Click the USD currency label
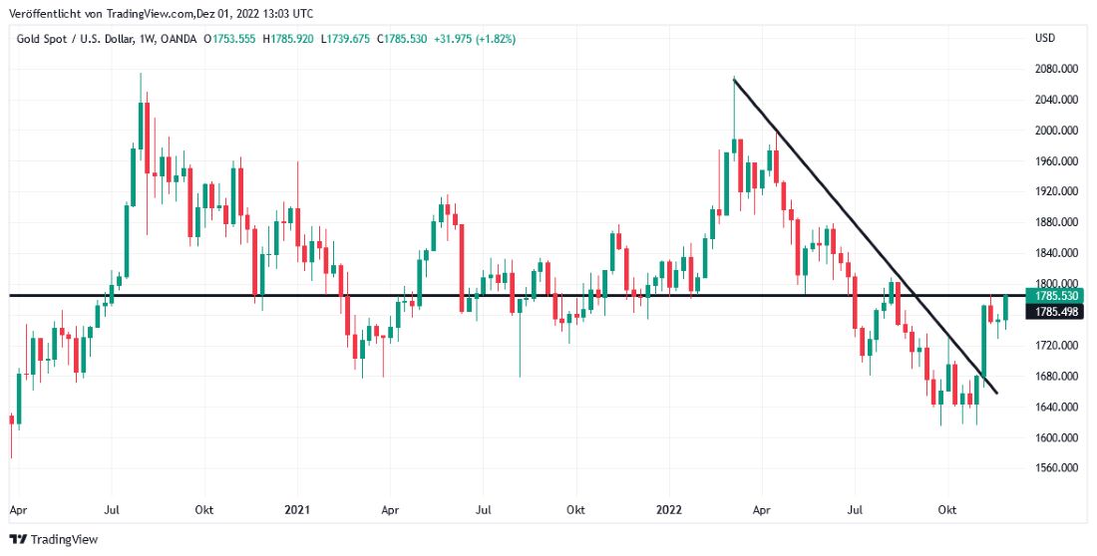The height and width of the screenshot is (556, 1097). tap(1045, 39)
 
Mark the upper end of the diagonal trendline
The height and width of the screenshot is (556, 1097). tap(734, 79)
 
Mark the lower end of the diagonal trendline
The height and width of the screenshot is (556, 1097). tap(996, 393)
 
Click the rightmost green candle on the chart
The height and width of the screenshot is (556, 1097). tap(1006, 308)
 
